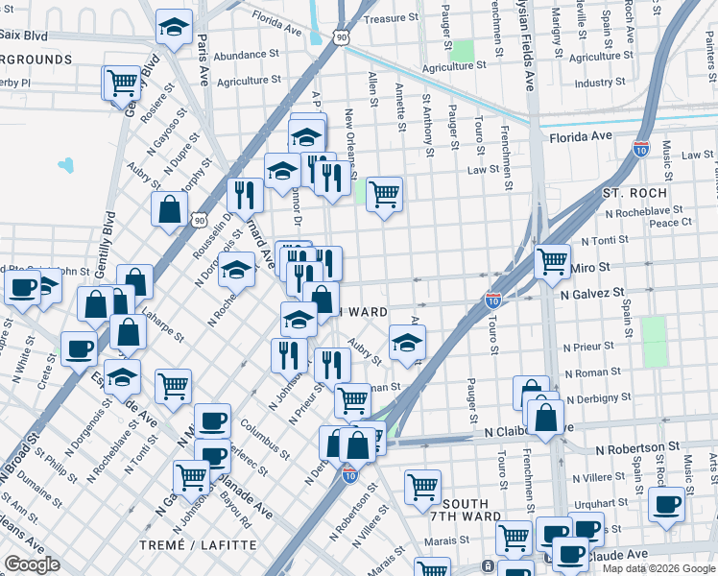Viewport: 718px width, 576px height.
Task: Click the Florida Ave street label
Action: click(581, 137)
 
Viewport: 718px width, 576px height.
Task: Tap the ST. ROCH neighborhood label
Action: click(634, 193)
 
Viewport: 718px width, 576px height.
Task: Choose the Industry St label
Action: click(600, 84)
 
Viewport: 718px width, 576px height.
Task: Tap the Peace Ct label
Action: click(671, 223)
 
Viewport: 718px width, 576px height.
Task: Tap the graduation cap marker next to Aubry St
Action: click(407, 341)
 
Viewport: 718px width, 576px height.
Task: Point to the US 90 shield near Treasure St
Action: click(343, 36)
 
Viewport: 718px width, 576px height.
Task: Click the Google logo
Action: click(32, 564)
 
